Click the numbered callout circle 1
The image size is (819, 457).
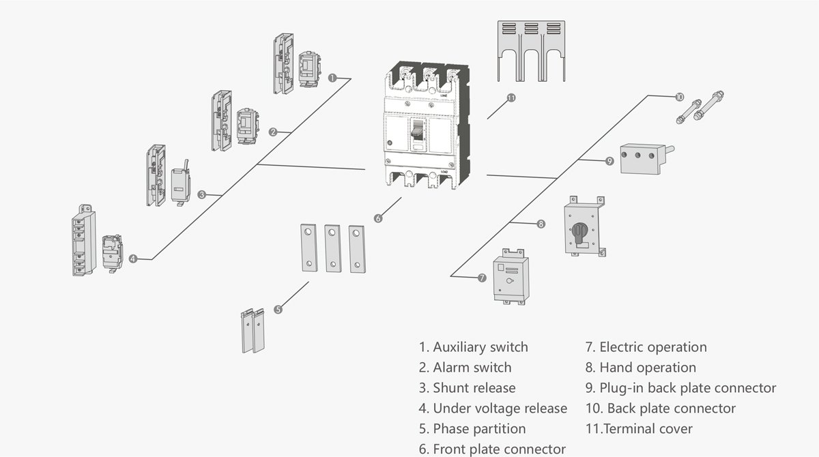click(x=332, y=78)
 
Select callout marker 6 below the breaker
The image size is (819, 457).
click(x=378, y=218)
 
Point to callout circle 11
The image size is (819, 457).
click(x=511, y=98)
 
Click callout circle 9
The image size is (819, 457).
click(x=609, y=161)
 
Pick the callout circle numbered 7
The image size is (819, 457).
click(x=482, y=278)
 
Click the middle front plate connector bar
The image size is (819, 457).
click(x=332, y=248)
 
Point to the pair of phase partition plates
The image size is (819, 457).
click(x=253, y=331)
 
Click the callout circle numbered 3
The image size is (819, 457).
click(x=201, y=194)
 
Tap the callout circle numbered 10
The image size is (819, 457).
click(x=679, y=98)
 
